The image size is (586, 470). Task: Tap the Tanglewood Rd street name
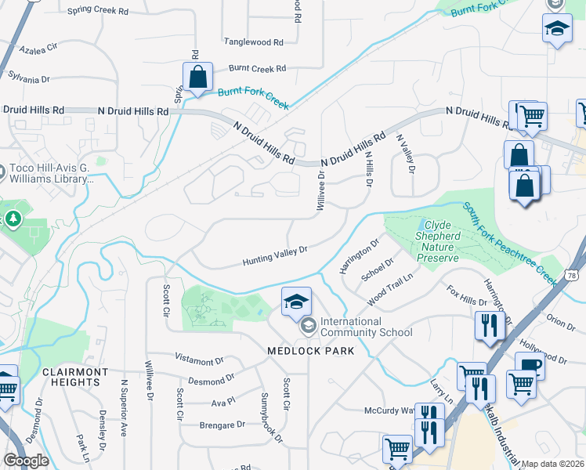(x=253, y=42)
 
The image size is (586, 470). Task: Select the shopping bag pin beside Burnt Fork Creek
(x=197, y=78)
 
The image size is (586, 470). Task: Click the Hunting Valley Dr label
(x=273, y=256)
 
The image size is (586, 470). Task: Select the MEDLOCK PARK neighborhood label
(x=310, y=350)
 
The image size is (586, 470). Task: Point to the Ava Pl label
(x=222, y=401)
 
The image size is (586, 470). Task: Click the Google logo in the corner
(x=26, y=461)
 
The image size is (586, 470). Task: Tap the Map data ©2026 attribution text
(x=552, y=464)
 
